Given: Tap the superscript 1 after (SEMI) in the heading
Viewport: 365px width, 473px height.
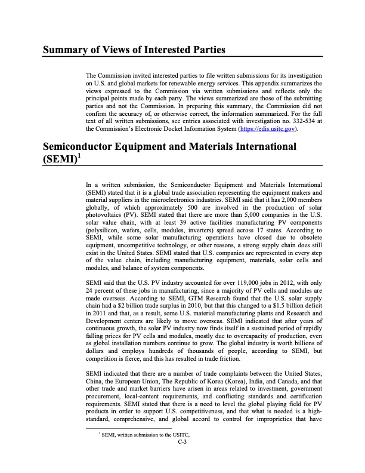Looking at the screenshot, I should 78,155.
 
